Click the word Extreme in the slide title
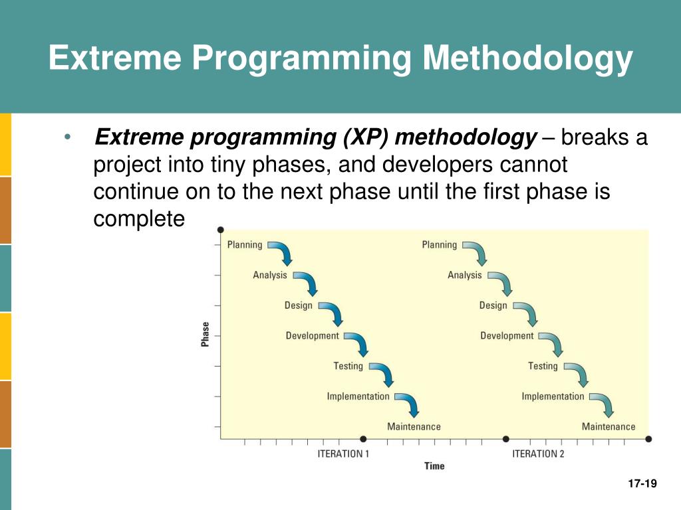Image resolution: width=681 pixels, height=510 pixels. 114,57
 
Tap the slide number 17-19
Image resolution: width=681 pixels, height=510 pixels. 642,483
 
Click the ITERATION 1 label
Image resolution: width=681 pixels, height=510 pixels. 343,454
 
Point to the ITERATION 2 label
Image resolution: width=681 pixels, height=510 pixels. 538,454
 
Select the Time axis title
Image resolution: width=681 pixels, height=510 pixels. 434,466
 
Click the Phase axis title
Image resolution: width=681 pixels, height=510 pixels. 205,335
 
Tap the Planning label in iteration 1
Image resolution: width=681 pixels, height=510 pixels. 245,245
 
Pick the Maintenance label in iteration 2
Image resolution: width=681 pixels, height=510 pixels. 609,427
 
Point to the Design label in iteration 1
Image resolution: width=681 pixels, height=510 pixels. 299,305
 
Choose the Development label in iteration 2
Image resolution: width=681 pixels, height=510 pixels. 507,335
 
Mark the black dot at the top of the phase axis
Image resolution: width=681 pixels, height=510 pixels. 221,230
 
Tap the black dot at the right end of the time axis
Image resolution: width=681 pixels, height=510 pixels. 648,440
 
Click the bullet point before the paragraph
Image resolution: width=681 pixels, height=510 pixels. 67,137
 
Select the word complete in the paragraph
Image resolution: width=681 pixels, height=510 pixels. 139,219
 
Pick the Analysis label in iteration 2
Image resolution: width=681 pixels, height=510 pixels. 465,276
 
